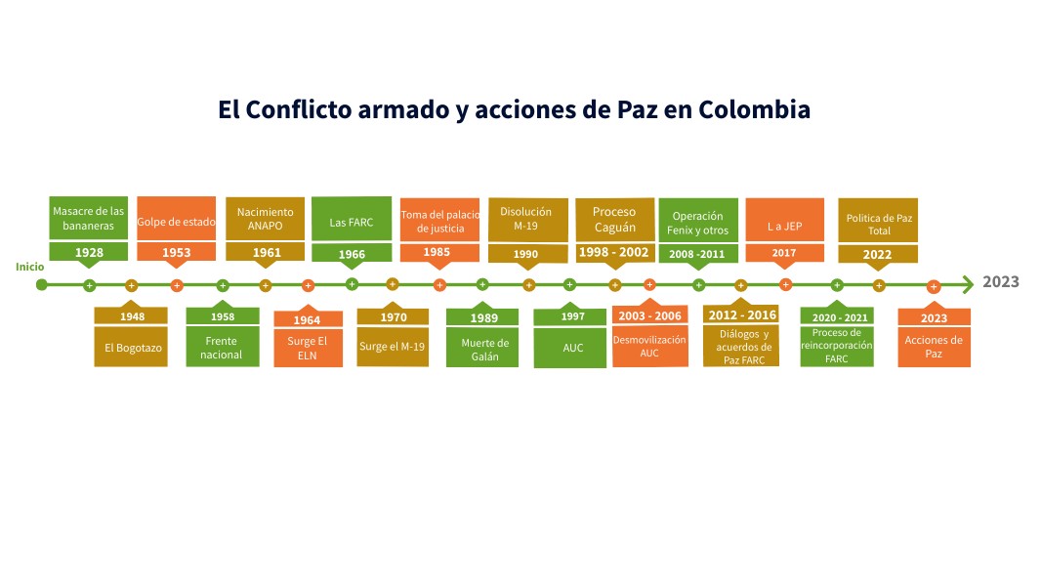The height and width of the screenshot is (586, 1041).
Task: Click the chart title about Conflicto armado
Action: (x=514, y=109)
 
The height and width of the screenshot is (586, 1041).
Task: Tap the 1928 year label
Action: (x=89, y=252)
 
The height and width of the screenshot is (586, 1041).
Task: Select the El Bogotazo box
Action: (x=131, y=347)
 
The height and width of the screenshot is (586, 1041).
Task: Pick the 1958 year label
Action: (x=223, y=317)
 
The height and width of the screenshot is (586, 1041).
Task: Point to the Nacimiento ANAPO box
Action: (x=266, y=219)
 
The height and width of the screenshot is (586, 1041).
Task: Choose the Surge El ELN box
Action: (x=308, y=349)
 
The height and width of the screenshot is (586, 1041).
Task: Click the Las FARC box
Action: (x=352, y=221)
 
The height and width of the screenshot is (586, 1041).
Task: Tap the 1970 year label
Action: (x=393, y=317)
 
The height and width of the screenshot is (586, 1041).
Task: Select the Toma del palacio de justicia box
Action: (x=439, y=221)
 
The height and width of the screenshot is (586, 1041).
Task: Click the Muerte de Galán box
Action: (x=485, y=350)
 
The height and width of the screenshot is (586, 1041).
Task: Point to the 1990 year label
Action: (x=527, y=254)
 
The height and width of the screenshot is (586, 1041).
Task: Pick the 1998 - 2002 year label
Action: (x=614, y=252)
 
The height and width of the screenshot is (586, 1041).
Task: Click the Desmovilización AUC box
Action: (x=649, y=346)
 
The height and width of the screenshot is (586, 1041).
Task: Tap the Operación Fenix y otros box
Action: (x=697, y=222)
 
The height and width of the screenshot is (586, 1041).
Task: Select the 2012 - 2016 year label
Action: (x=741, y=314)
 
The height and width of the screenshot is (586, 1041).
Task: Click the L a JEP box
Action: (x=784, y=226)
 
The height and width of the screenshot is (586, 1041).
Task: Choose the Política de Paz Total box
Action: (x=879, y=224)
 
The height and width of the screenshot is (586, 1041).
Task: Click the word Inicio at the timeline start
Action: (x=29, y=267)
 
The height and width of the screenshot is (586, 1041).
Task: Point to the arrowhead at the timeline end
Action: (x=968, y=284)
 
